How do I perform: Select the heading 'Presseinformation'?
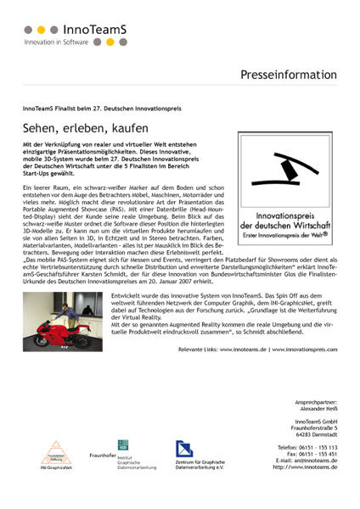click(290, 76)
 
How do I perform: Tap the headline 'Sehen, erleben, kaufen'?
click(87, 129)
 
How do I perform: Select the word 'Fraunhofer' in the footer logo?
click(102, 456)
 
